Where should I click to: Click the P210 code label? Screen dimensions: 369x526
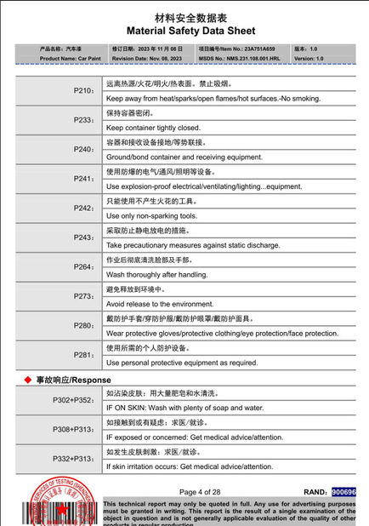pos(83,90)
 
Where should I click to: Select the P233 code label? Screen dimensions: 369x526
pos(83,120)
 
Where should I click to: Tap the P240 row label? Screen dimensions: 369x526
pos(83,149)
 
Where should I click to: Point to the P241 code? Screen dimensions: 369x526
pos(83,179)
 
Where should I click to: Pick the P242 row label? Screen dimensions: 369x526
pos(83,208)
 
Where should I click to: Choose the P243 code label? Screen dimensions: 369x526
pos(83,237)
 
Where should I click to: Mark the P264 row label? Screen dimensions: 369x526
pos(83,266)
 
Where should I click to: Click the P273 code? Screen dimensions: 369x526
pos(83,296)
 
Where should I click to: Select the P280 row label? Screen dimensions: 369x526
pos(83,325)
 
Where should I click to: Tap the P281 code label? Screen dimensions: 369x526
pos(83,355)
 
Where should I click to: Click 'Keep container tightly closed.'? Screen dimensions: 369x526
pos(153,128)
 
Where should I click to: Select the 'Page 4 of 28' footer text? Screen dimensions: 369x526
pos(200,492)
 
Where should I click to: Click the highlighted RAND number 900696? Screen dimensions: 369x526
pos(343,492)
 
